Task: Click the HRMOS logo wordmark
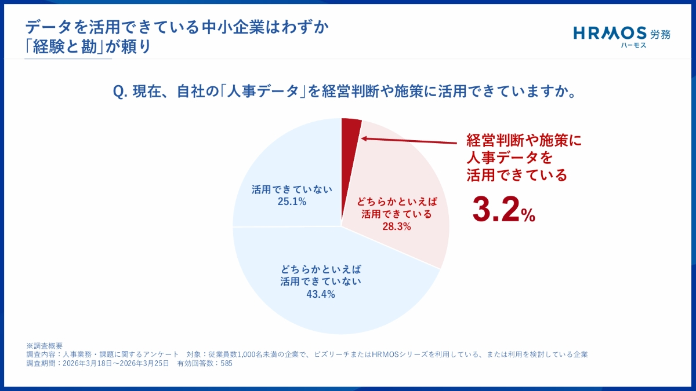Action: (x=610, y=33)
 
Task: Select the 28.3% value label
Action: (x=397, y=227)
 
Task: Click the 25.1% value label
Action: (x=292, y=202)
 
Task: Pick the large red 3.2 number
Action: (x=495, y=209)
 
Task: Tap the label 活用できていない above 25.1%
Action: (x=292, y=189)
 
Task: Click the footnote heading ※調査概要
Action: (x=45, y=346)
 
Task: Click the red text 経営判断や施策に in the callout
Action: (x=524, y=140)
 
